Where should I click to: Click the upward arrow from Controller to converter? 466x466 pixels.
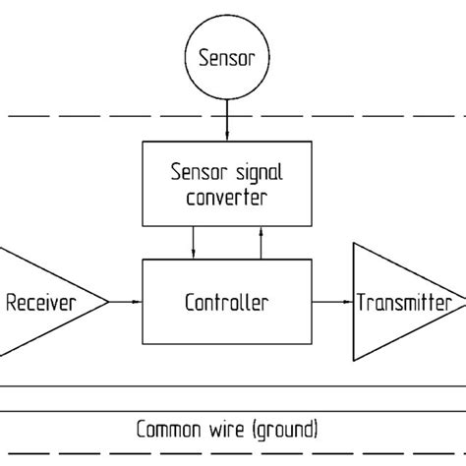point(262,240)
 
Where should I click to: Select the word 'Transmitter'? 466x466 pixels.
point(404,301)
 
